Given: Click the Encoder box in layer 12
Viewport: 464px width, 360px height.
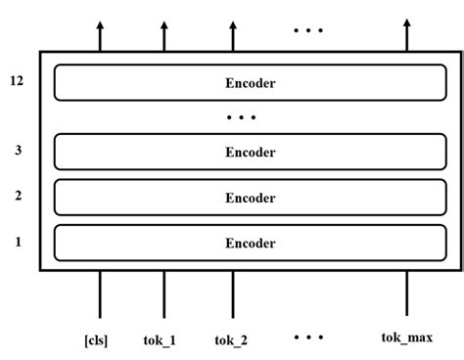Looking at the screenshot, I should [x=251, y=82].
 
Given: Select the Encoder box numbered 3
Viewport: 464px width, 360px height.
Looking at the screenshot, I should [x=251, y=152].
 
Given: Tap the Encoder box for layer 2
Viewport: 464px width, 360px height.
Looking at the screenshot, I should [x=251, y=198].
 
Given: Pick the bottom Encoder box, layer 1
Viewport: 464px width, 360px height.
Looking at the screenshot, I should [x=251, y=243].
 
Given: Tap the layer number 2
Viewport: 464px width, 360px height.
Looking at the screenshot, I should [x=18, y=196].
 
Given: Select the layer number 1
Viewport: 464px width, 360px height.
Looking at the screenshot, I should [x=18, y=241].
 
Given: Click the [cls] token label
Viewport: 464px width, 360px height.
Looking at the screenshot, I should [x=96, y=340].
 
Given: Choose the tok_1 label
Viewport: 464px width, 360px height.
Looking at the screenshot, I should [x=162, y=340].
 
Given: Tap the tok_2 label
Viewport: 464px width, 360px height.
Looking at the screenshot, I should [x=231, y=340].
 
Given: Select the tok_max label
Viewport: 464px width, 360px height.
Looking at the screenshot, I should [x=407, y=338].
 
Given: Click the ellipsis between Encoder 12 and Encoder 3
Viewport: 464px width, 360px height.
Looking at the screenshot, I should [x=241, y=118].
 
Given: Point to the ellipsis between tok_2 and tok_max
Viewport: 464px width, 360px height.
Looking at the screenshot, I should [x=307, y=337].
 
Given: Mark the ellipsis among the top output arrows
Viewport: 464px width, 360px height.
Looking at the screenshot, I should [x=307, y=29].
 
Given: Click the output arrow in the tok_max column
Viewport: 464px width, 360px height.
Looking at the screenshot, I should [x=407, y=37].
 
